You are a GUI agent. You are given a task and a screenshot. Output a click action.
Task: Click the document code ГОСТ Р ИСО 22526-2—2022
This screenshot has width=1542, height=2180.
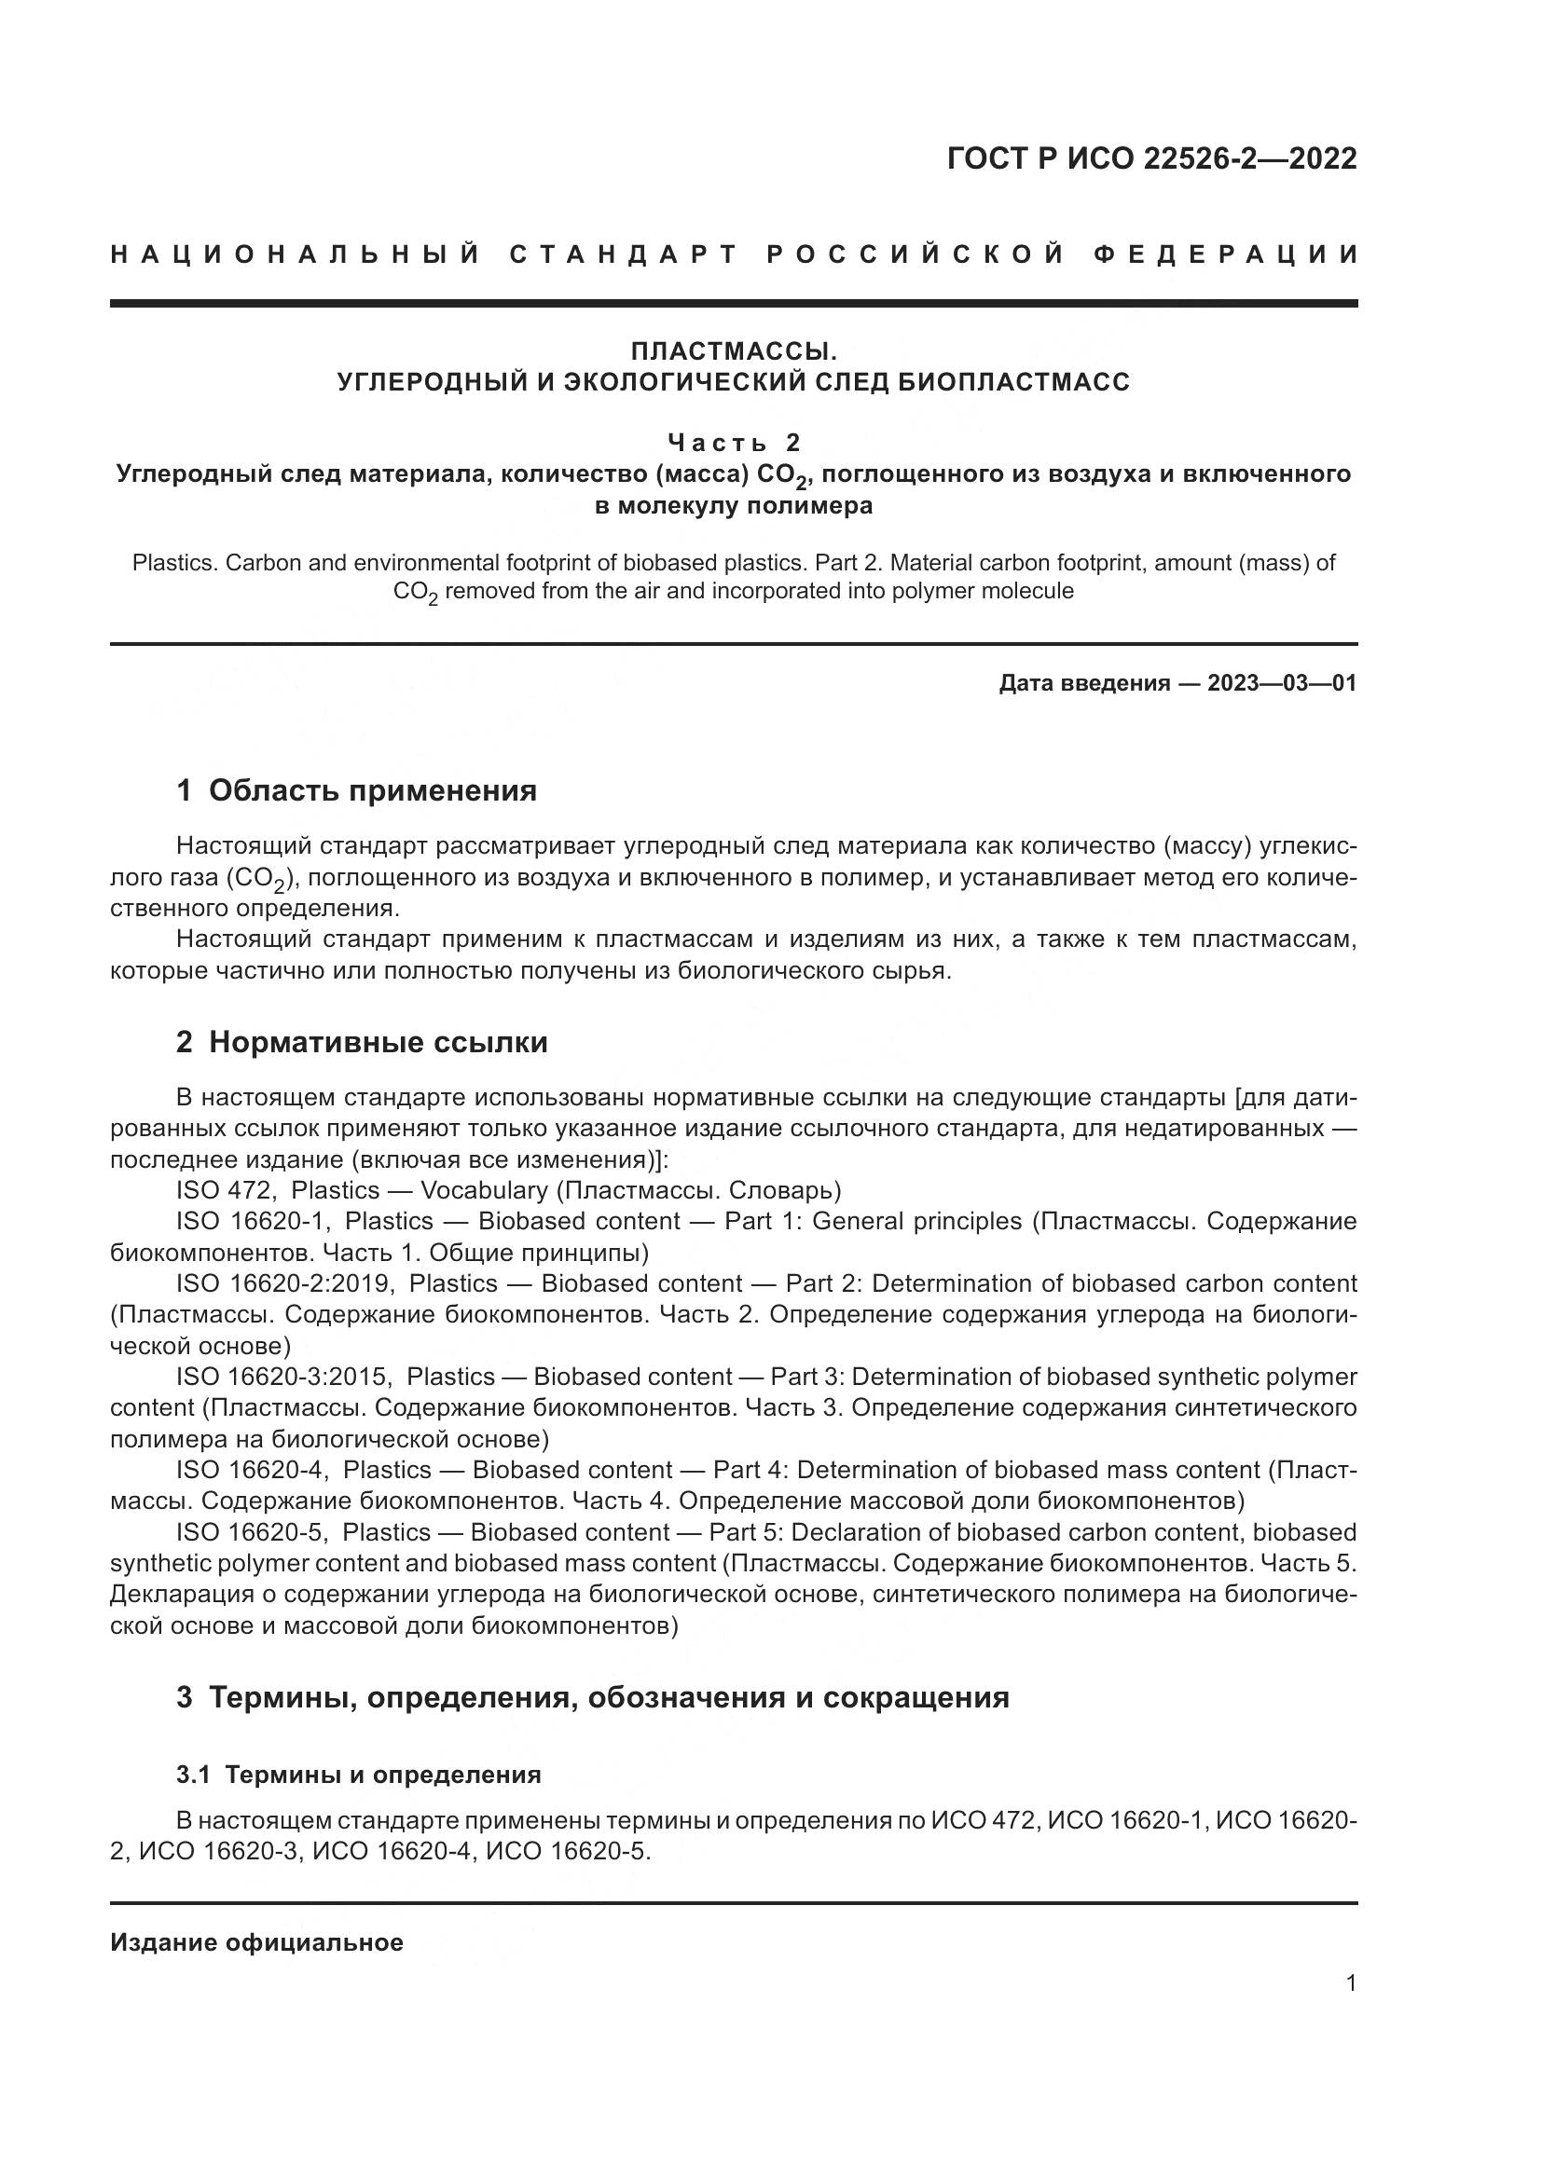pos(1150,158)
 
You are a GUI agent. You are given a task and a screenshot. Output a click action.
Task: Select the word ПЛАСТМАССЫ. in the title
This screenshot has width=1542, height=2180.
pos(734,351)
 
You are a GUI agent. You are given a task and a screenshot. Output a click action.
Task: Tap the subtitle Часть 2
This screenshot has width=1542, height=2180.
pos(734,443)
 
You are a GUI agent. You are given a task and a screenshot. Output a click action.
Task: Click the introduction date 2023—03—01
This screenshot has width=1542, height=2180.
pos(1282,683)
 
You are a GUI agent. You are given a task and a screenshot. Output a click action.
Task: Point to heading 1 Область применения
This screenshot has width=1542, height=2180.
pos(356,790)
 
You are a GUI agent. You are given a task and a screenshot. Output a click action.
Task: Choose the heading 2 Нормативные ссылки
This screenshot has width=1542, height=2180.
pos(362,1043)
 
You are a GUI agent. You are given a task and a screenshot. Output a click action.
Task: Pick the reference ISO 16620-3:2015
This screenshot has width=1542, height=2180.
pos(282,1377)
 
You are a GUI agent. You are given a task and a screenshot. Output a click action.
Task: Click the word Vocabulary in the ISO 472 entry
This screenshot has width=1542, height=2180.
pos(483,1190)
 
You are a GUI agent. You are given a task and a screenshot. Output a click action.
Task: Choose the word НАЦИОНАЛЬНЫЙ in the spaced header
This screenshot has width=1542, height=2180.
pos(296,255)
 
